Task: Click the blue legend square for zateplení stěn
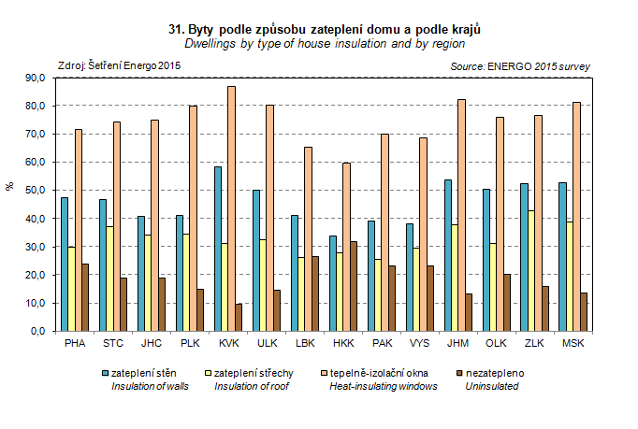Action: click(x=106, y=373)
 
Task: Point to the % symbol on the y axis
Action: click(x=10, y=187)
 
